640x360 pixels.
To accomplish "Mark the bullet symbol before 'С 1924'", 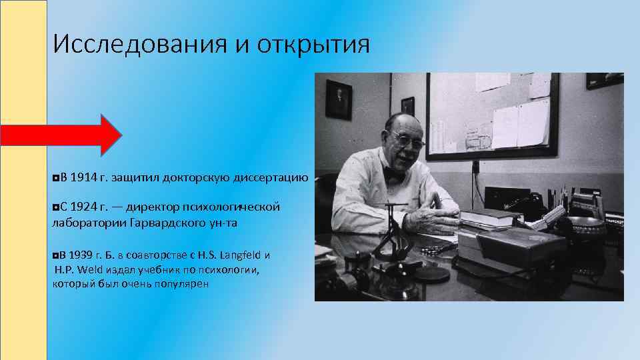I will (55, 207).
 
